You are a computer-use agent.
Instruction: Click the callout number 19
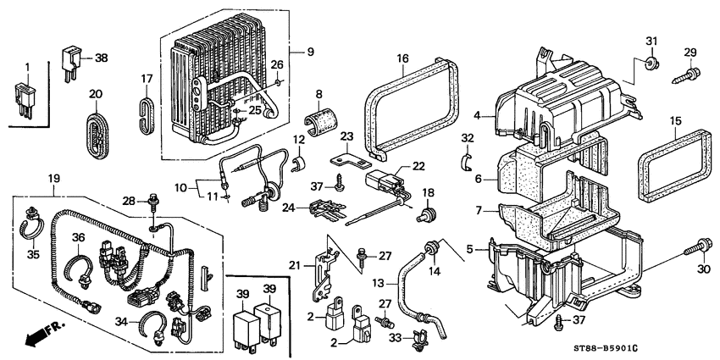click(x=54, y=179)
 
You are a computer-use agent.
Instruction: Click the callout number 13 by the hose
click(x=379, y=281)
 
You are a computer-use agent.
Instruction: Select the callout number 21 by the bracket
click(x=296, y=264)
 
